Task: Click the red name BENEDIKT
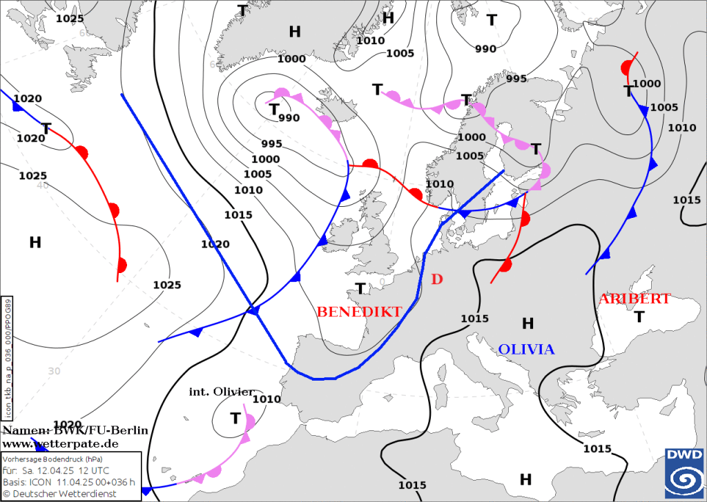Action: (359, 312)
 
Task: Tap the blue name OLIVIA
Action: (526, 350)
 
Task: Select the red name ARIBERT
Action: (634, 299)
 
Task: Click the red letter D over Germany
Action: (436, 279)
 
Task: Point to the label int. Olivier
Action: (222, 392)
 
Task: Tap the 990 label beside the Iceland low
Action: (289, 118)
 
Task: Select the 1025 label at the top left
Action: (69, 19)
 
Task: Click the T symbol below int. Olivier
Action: (235, 418)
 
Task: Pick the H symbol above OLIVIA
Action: (528, 323)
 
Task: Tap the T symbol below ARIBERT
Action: (639, 317)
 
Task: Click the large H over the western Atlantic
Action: (35, 242)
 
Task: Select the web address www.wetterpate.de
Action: (60, 443)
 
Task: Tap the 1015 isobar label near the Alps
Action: (474, 319)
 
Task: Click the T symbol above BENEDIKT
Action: (360, 288)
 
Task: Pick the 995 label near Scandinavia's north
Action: (516, 79)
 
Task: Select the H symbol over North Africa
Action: (525, 479)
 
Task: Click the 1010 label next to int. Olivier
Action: (267, 399)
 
